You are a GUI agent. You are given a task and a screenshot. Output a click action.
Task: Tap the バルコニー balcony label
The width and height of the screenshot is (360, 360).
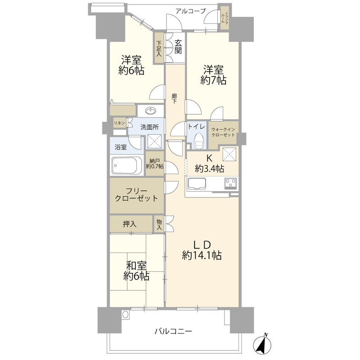pos(173,332)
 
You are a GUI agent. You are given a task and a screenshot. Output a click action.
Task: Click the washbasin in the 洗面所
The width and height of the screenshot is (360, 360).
pos(151,111)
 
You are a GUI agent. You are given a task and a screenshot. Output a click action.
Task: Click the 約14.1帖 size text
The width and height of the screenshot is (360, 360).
pos(202,256)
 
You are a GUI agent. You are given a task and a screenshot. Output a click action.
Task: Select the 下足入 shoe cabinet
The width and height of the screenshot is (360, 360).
pos(159,48)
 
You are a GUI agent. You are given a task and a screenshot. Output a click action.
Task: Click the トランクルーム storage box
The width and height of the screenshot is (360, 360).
pos(224,18)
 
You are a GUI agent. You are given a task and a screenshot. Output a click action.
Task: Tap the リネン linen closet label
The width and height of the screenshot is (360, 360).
pos(119,123)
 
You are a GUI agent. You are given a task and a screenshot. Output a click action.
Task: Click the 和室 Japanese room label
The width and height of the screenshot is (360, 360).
pos(135,265)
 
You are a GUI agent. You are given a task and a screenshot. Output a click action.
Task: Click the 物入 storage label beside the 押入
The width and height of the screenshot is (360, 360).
pos(159,224)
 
